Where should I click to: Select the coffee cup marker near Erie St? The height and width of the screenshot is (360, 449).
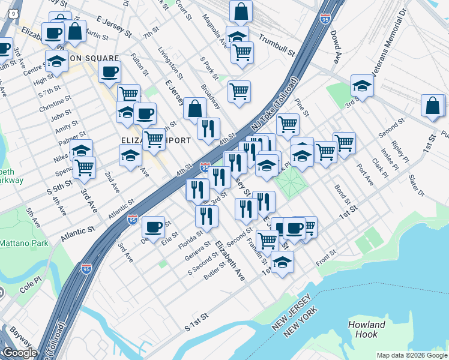154,227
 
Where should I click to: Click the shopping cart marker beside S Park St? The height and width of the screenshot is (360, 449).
239,92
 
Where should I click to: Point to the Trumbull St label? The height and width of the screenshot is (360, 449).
277,45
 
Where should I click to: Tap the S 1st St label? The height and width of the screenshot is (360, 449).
196,322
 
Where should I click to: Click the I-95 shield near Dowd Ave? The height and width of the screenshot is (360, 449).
325,19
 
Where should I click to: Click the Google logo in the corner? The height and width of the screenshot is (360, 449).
19,353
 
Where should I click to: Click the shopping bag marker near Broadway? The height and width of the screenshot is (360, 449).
194,109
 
